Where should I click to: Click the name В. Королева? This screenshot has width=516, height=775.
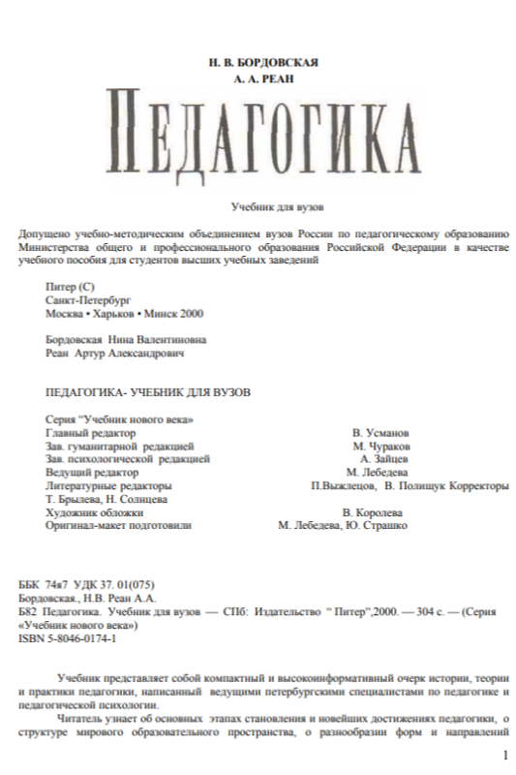coord(373,511)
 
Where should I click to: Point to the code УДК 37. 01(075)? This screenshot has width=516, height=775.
coord(113,586)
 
